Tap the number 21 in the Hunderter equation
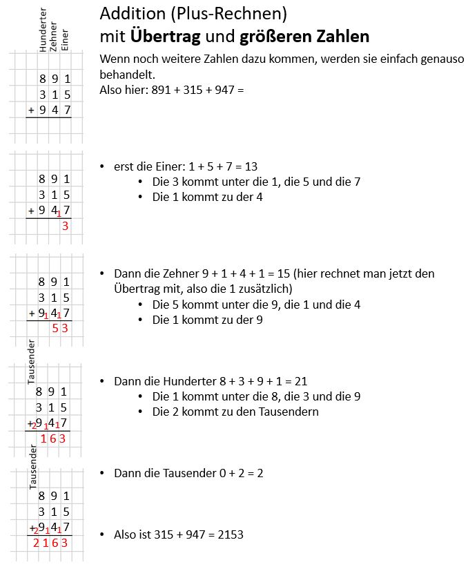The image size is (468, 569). (300, 380)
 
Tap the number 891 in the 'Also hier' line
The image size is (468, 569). (161, 90)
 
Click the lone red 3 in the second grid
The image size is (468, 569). (65, 226)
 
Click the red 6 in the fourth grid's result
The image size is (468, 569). (52, 438)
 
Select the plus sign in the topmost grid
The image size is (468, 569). (30, 110)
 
